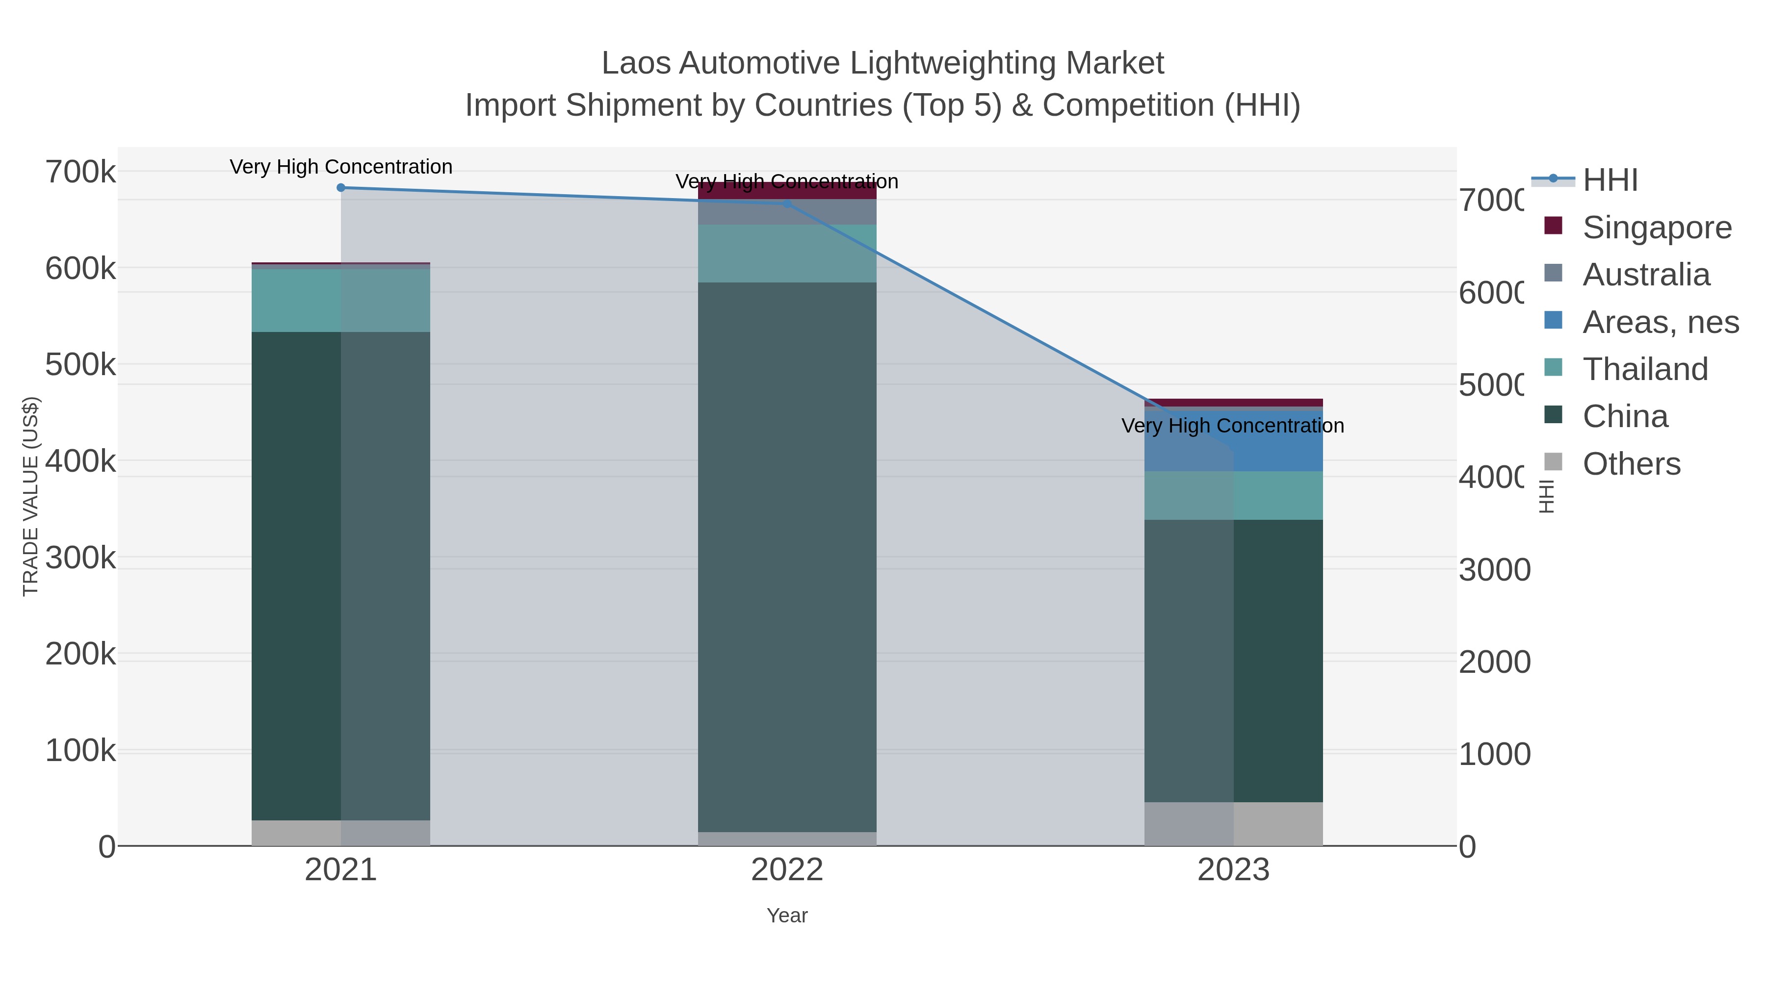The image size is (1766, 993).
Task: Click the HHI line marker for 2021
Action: tap(341, 188)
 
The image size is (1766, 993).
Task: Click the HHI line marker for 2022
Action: tap(787, 204)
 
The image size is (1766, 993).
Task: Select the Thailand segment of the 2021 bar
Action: tap(341, 300)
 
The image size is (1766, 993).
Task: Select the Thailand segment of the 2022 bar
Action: tap(787, 253)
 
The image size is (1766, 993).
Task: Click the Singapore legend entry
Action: tap(1656, 228)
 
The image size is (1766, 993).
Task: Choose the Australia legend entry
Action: tap(1645, 275)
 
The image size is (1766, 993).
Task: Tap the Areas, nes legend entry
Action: tap(1660, 322)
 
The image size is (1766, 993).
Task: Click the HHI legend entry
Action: tap(1609, 180)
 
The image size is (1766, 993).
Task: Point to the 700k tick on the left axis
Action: tap(80, 172)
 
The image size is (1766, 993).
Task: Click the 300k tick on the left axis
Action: tap(80, 558)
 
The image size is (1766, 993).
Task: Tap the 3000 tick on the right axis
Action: tap(1494, 570)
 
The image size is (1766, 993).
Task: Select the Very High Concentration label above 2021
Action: tap(341, 167)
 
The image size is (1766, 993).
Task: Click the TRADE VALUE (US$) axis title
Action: tap(31, 496)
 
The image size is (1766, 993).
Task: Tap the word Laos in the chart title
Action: tap(635, 64)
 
